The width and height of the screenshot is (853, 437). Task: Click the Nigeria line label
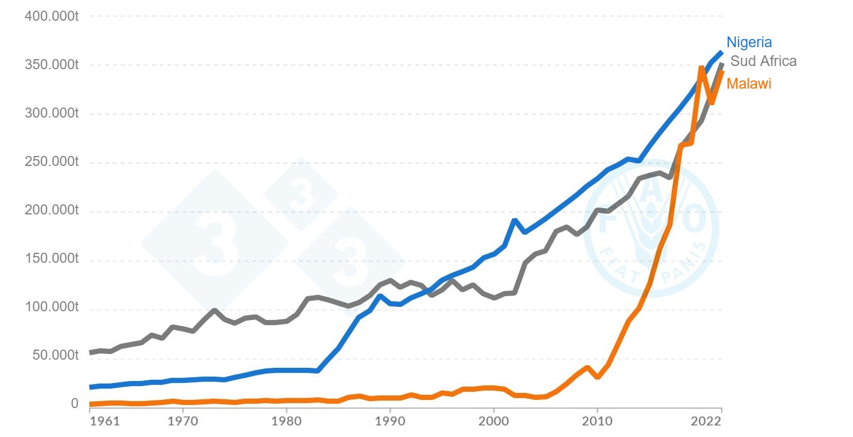(x=749, y=43)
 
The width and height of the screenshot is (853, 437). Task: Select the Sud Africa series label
(x=763, y=62)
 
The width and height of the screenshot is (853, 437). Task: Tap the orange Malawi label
(x=749, y=84)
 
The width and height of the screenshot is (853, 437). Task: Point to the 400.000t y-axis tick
(x=52, y=16)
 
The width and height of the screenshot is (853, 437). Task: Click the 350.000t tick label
(x=52, y=65)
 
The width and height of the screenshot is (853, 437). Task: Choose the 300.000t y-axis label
(x=52, y=114)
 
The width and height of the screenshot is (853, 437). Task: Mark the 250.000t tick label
(x=52, y=163)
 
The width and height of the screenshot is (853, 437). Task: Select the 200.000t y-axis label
(x=52, y=211)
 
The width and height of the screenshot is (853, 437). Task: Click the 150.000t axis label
(x=52, y=260)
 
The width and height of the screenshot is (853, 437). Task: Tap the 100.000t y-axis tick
(x=52, y=308)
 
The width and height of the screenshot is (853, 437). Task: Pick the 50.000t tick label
(x=55, y=357)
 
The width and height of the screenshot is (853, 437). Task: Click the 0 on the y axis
(x=74, y=404)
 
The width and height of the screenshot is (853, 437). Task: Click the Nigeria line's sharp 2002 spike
(x=515, y=220)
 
